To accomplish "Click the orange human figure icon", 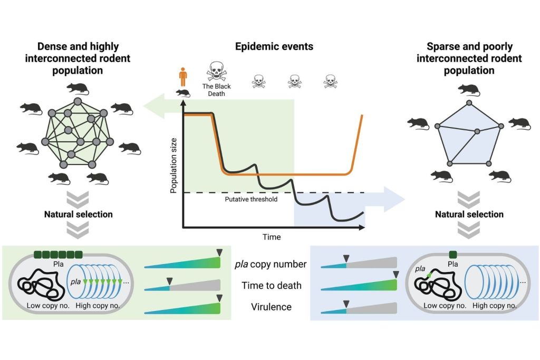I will (x=183, y=77).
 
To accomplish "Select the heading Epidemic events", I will (x=274, y=46).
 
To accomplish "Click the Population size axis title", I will (x=173, y=163).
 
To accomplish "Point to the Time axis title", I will (x=272, y=237).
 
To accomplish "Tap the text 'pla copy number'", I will (x=271, y=265).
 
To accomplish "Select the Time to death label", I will (x=271, y=286).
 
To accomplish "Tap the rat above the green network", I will (x=78, y=89).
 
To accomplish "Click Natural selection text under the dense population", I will (x=78, y=215).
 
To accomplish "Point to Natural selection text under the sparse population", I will (x=469, y=215).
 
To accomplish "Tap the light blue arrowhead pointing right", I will (x=393, y=199).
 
